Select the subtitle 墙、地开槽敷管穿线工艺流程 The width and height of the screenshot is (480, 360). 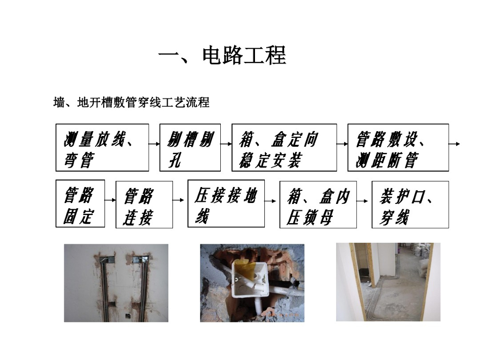131,102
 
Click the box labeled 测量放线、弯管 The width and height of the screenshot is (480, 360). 102,147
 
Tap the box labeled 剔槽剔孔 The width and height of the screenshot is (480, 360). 190,147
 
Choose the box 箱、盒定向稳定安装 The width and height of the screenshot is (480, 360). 284,147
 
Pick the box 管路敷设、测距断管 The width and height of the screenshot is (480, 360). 398,147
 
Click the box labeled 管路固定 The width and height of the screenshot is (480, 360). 80,203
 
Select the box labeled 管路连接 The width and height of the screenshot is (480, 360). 144,205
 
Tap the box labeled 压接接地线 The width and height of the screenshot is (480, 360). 226,203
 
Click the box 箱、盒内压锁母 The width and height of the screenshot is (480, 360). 318,205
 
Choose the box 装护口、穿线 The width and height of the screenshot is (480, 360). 410,205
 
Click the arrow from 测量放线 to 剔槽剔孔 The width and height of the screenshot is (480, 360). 154,144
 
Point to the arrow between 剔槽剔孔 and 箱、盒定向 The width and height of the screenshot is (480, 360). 226,144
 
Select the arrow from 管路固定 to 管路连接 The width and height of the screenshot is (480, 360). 110,200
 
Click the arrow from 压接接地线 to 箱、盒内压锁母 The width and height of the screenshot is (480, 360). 272,201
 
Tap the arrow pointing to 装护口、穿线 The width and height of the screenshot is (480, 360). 364,201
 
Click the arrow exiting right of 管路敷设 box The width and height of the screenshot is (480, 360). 455,144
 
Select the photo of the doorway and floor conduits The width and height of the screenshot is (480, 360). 388,282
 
